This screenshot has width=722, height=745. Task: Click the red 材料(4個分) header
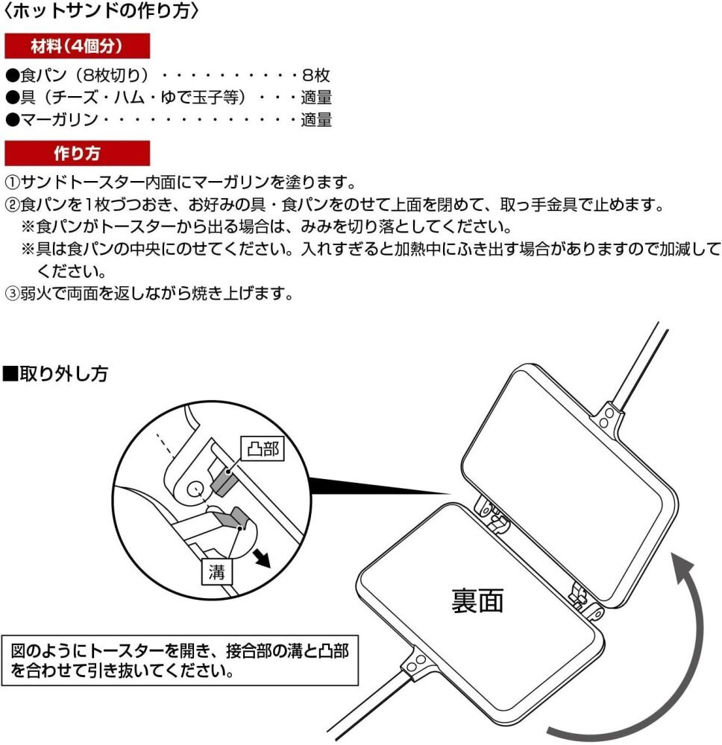pos(77,46)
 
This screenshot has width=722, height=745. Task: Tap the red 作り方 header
pos(77,153)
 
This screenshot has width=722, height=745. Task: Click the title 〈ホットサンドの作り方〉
pos(101,11)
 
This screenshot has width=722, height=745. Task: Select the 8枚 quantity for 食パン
pos(316,75)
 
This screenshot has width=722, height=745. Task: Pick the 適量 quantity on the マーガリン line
pos(316,120)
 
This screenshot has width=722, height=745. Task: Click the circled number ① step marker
pos(11,182)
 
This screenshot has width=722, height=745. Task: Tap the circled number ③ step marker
pos(11,294)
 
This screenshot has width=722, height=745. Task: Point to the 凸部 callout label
pos(263,448)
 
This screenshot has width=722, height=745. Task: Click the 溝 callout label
pos(217,571)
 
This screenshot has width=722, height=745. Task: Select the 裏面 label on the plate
pos(477,601)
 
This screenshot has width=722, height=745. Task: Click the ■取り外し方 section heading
pos(56,374)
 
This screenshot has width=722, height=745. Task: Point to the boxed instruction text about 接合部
pos(180,660)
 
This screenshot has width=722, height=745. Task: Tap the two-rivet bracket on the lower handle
pos(416,663)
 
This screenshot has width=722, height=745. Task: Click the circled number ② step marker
pos(11,205)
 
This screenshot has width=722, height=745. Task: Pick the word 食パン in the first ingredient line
pos(43,75)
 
